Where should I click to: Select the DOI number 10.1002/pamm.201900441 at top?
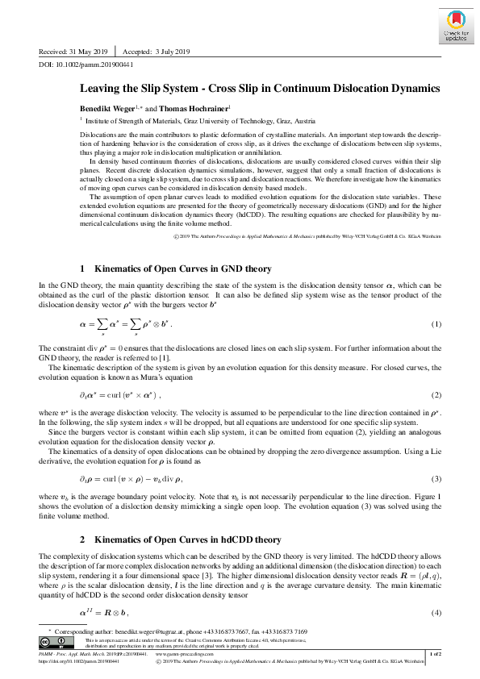pyautogui.click(x=94, y=63)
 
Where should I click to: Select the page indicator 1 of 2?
pyautogui.click(x=434, y=653)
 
